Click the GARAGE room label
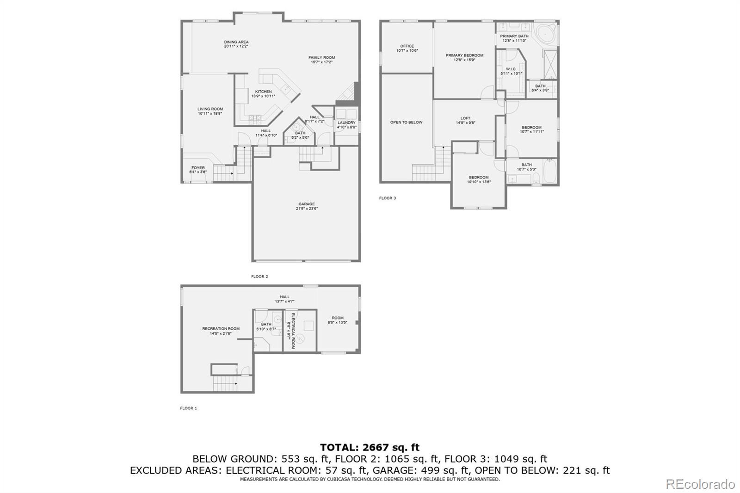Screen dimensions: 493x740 (x=307, y=204)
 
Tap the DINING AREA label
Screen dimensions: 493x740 (x=236, y=42)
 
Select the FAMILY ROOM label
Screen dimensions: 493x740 (x=322, y=58)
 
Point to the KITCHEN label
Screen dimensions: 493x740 (x=264, y=92)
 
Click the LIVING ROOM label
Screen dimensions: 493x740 (x=210, y=109)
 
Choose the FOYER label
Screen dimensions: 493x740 (x=198, y=168)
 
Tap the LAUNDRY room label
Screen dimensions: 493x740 (x=346, y=123)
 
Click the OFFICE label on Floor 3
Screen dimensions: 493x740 (x=407, y=46)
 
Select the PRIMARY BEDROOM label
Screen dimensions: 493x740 (x=464, y=55)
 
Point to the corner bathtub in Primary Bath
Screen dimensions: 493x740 (x=546, y=33)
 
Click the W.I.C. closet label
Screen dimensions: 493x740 (x=511, y=69)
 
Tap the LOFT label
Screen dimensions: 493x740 (x=465, y=118)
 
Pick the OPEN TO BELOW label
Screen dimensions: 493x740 (x=406, y=123)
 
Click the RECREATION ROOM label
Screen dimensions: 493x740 (x=221, y=329)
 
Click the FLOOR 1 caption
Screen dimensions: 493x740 (x=188, y=408)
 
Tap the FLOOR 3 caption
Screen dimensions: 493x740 (x=388, y=198)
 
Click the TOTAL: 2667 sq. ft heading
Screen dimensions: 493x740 (x=370, y=447)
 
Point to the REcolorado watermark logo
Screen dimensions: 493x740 (x=700, y=484)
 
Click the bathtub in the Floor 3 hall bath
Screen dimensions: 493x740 (x=550, y=172)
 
